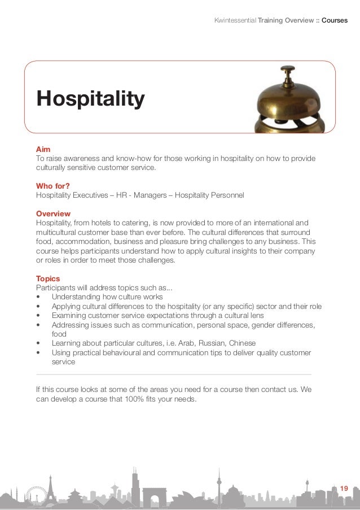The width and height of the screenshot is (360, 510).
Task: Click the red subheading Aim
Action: [x=43, y=148]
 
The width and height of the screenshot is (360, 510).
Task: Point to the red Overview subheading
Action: [x=53, y=214]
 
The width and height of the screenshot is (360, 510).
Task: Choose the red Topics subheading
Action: [x=47, y=278]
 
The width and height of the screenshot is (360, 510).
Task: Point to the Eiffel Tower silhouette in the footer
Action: [x=50, y=490]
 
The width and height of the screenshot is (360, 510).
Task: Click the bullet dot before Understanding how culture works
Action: [x=38, y=297]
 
